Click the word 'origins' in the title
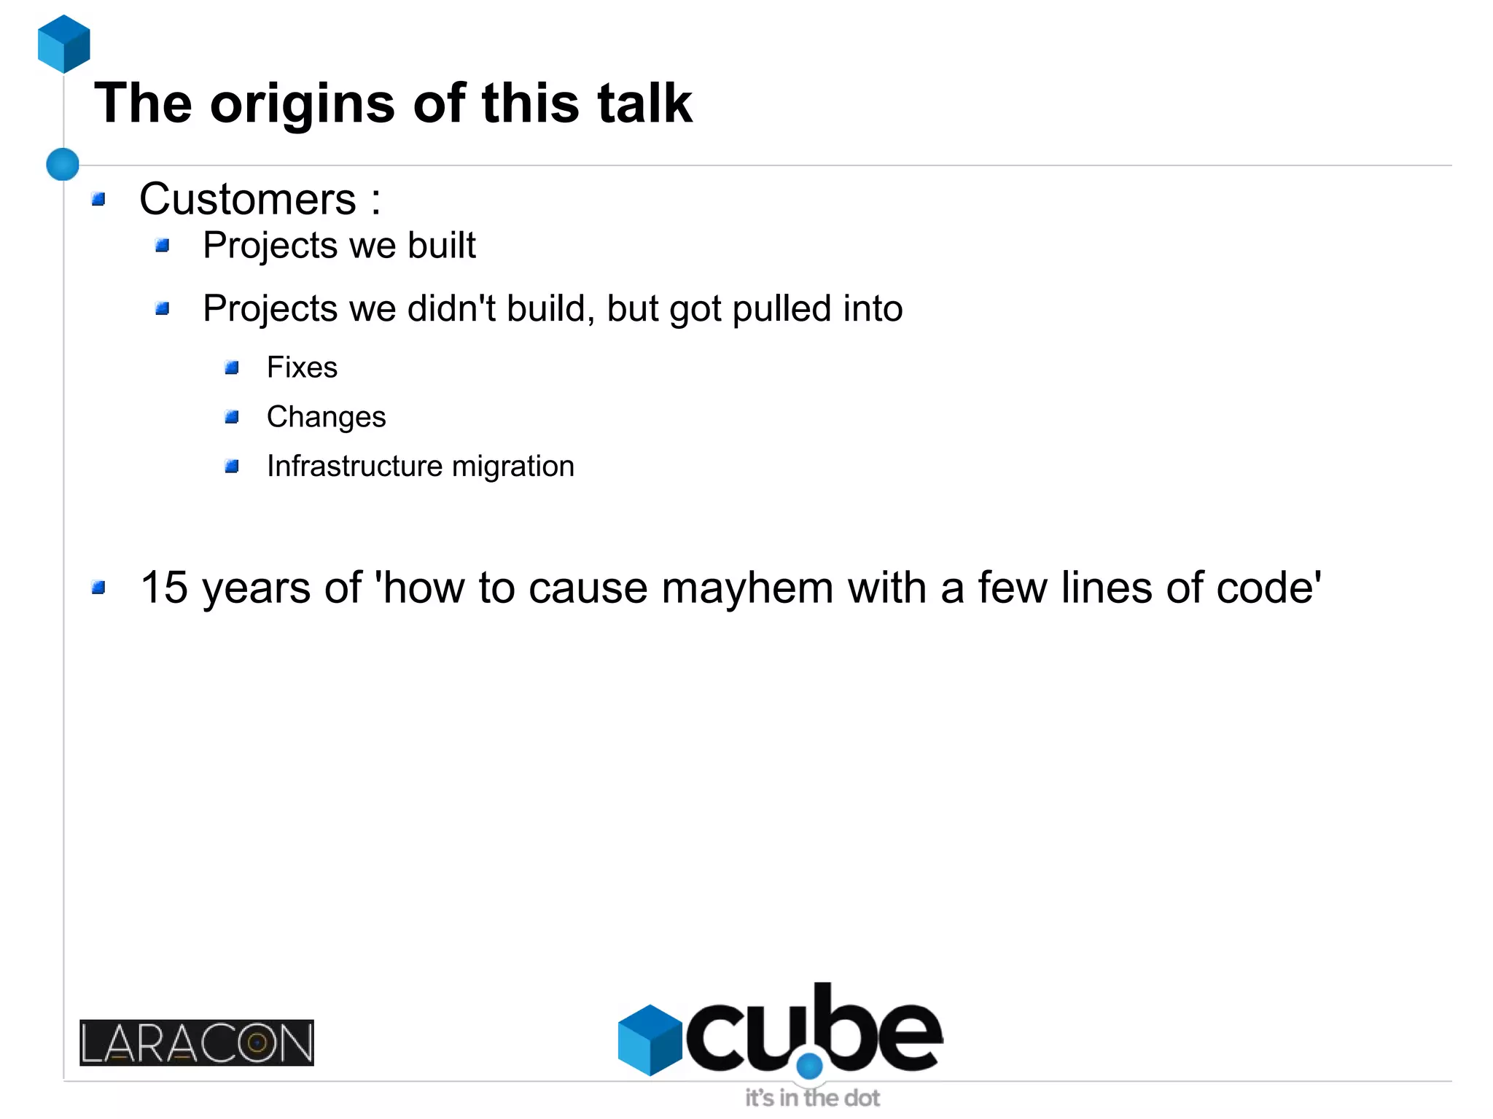pos(303,104)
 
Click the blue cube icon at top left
pos(64,44)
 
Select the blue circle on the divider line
pos(63,164)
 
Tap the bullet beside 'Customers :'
pos(99,199)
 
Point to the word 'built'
pos(441,245)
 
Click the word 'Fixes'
pos(302,367)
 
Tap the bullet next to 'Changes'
pos(232,417)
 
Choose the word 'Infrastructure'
pos(354,467)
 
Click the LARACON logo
pos(197,1042)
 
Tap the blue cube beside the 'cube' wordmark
pos(650,1040)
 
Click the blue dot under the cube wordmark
pos(809,1067)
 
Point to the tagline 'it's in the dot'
pos(812,1098)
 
